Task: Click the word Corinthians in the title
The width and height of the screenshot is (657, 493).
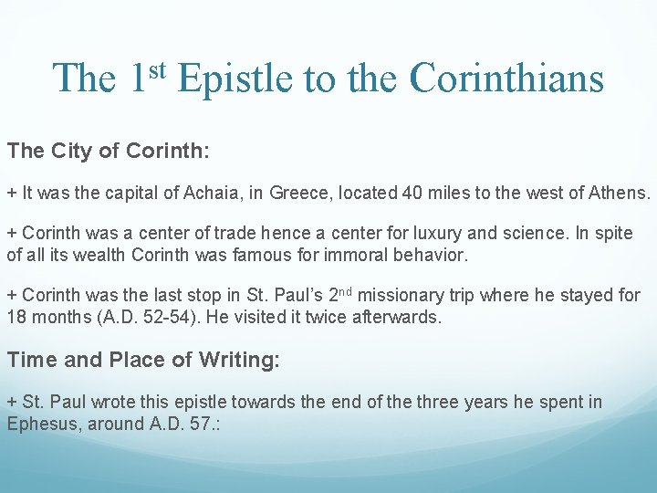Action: point(506,79)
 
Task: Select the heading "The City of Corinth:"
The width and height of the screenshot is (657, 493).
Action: point(109,151)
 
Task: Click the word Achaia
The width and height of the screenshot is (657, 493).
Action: point(208,193)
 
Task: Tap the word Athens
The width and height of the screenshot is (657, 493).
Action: point(620,193)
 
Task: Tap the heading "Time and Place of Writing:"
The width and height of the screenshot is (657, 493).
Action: point(143,361)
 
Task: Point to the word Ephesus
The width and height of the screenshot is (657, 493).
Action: point(43,424)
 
